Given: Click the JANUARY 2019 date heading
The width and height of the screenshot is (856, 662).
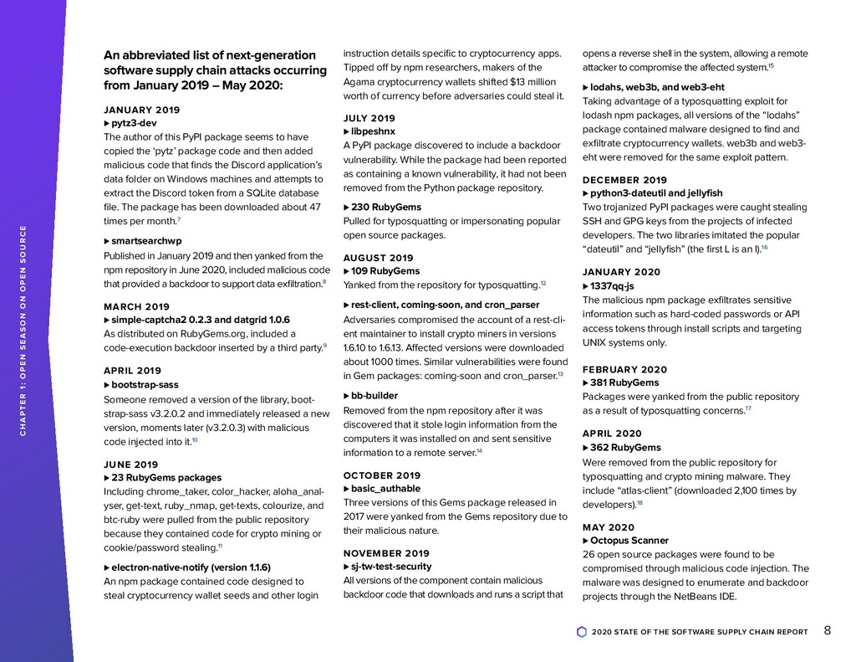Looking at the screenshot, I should (141, 110).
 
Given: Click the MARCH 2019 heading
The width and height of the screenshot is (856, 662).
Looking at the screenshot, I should (136, 306).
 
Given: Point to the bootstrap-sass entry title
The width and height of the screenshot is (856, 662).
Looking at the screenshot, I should (145, 384).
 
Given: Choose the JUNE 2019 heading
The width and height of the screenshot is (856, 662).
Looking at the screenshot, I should (130, 464).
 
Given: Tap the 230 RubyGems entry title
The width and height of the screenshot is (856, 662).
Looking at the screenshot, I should (386, 207).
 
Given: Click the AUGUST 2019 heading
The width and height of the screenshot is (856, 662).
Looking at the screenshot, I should (378, 258).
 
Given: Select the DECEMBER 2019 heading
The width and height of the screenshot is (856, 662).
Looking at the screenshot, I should (624, 180).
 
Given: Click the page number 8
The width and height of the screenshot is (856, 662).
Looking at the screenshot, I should (827, 631).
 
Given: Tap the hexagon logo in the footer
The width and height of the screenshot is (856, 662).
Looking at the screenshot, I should (582, 632).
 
